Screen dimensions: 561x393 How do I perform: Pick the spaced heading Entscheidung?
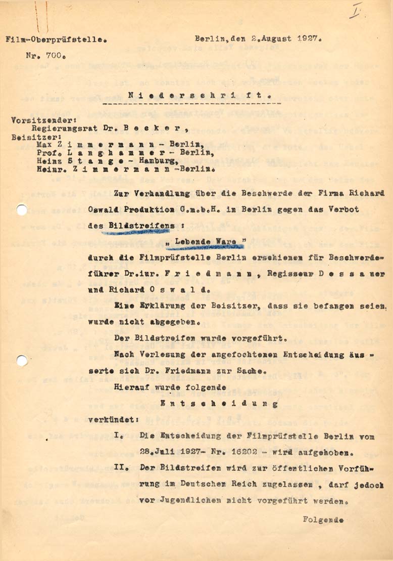point(218,404)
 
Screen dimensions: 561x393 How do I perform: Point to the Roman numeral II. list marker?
point(120,467)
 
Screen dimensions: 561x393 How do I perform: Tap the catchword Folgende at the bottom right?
point(323,519)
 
